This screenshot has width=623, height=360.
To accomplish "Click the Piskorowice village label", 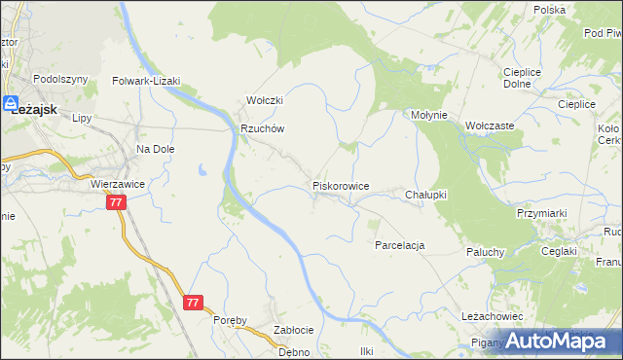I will pos(340,185).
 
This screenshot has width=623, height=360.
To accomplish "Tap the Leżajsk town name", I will pos(39,108).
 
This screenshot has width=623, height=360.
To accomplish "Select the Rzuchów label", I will pos(261,128).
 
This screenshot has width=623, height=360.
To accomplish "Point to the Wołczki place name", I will pos(264,101).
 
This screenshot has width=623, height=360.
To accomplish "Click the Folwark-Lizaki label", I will pos(147,82).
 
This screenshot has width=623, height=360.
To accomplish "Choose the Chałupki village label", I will pos(425,195).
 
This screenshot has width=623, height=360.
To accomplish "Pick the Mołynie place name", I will pos(428,115).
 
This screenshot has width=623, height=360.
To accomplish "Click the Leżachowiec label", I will pos(494,317).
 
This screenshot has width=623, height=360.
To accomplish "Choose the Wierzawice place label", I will pos(117,182).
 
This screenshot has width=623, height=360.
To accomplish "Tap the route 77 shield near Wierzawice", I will pos(116,202).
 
